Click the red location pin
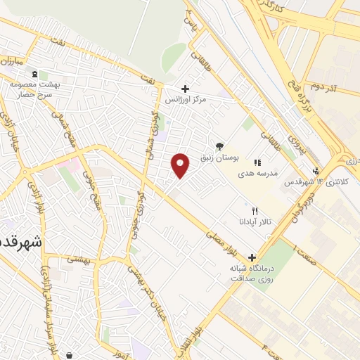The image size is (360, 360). coord(181,165)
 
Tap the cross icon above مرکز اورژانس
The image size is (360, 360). coord(185,89)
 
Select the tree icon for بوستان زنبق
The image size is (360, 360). coord(220,146)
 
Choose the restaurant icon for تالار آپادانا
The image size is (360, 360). coord(255,211)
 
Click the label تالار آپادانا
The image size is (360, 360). coord(255,222)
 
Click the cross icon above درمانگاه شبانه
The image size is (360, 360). coord(252,257)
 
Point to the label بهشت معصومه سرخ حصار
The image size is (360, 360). coord(32,89)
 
